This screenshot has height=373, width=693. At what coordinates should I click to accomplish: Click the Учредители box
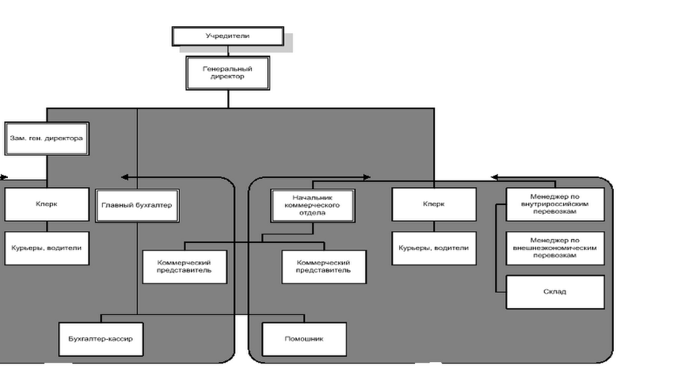coord(227,36)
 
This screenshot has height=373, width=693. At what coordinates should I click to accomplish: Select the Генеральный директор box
coord(227,73)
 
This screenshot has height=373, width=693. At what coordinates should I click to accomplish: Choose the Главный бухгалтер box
coord(137,204)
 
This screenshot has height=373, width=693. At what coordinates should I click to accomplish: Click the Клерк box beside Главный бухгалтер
coord(45,204)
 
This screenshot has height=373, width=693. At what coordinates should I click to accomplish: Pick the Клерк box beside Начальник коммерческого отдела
coord(433,204)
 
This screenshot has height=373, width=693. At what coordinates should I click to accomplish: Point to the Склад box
coord(555,291)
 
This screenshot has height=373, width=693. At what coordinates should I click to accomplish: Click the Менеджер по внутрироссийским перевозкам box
coord(555,204)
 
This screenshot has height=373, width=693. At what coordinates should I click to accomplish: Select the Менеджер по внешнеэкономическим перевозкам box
coord(555,248)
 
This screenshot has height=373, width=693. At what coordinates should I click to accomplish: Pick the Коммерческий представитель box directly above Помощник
coord(323,266)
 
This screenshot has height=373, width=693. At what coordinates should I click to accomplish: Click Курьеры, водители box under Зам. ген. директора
coord(45,248)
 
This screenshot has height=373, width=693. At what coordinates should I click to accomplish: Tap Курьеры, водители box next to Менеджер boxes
coord(433,248)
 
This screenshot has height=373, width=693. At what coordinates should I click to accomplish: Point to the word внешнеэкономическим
coord(555,248)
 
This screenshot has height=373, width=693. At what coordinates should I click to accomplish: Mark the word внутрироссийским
coord(555,204)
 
